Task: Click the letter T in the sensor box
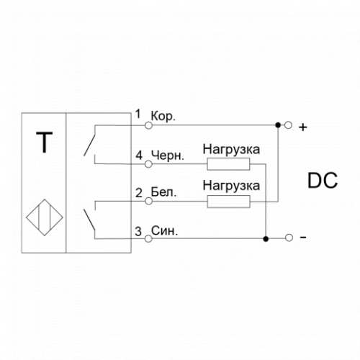click(x=45, y=142)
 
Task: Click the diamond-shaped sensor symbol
click(x=45, y=217)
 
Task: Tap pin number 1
click(x=138, y=114)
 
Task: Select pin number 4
click(x=139, y=156)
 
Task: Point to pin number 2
click(x=139, y=193)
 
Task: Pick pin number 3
click(x=138, y=232)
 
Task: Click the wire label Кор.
click(x=163, y=117)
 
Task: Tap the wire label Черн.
click(x=168, y=156)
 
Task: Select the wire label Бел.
click(x=163, y=192)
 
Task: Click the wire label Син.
click(x=164, y=231)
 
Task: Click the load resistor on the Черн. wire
click(x=228, y=164)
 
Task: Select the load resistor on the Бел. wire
click(x=228, y=202)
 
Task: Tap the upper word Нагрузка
click(x=231, y=150)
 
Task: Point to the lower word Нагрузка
click(x=231, y=186)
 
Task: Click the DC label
click(x=323, y=181)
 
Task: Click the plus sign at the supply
click(x=303, y=127)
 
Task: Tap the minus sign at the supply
click(x=303, y=238)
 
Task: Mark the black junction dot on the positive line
click(x=278, y=125)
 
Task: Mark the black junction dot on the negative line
click(x=266, y=239)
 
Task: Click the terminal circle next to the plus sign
click(x=289, y=125)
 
